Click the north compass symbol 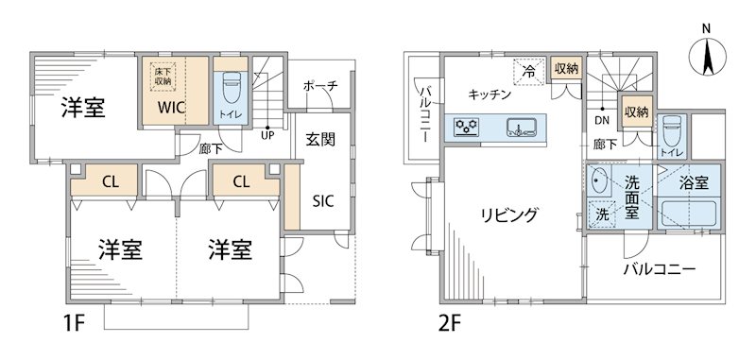click(x=708, y=54)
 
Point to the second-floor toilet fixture click(x=669, y=130)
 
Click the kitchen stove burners click(x=467, y=126)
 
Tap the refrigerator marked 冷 click(x=529, y=71)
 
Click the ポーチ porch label click(x=321, y=86)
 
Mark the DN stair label click(x=601, y=120)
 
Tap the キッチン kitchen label click(x=490, y=94)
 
